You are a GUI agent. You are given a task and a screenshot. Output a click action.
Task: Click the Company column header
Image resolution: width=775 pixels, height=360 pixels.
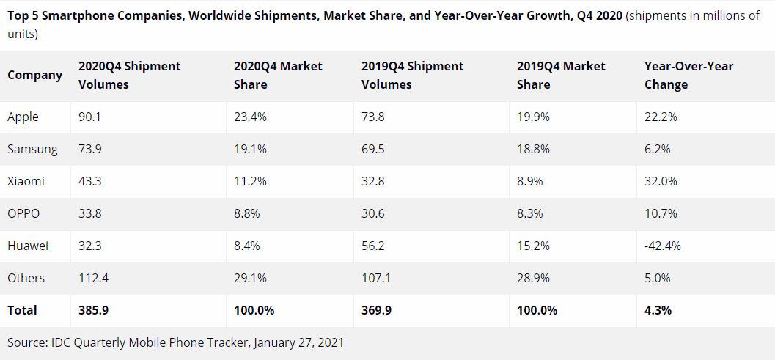[x=34, y=76]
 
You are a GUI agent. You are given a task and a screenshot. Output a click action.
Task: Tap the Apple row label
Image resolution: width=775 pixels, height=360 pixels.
[x=23, y=117]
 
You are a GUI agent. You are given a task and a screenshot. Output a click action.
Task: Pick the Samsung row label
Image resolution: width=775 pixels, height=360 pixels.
[x=32, y=150]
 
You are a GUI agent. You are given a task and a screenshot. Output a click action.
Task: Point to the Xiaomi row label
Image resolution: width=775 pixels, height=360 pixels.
[x=26, y=182]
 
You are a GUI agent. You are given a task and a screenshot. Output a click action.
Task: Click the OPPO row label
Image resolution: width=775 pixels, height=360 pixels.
[x=23, y=214]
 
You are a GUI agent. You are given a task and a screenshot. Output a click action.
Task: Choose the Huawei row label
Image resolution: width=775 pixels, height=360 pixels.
[x=28, y=246]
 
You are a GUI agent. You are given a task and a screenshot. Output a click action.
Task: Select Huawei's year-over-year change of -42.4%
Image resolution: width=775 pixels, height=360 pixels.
[x=663, y=246]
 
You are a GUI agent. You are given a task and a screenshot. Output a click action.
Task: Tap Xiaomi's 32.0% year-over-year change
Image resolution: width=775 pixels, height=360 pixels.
[x=661, y=182]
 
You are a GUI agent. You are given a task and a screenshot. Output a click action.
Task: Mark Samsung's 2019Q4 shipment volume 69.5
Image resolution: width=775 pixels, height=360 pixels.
[x=373, y=150]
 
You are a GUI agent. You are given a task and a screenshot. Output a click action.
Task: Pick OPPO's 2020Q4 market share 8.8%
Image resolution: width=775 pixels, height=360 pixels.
[x=246, y=214]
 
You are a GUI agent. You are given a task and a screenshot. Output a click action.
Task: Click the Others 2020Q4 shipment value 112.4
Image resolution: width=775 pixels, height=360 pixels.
[x=93, y=279]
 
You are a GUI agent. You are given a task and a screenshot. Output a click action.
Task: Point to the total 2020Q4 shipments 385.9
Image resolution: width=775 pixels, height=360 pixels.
[x=93, y=311]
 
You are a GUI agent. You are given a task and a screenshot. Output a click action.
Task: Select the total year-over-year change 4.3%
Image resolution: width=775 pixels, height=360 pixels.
[x=658, y=311]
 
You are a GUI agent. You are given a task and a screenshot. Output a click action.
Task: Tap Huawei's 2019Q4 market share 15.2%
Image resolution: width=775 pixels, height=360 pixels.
[x=533, y=246]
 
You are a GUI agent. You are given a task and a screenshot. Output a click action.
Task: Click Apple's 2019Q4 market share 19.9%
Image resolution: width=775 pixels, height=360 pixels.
[x=533, y=117]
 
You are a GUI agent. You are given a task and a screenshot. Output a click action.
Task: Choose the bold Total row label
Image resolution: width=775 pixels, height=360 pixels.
[x=22, y=311]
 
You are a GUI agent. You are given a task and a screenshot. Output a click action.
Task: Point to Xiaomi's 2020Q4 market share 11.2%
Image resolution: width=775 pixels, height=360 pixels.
[x=249, y=182]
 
